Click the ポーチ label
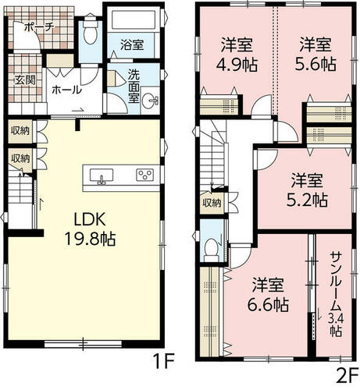(x=39, y=27)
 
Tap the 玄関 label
(x=25, y=80)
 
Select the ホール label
(x=66, y=90)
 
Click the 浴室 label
(x=132, y=44)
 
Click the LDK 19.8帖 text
(x=90, y=229)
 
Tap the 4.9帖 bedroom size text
(x=237, y=65)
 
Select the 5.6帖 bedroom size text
(x=315, y=64)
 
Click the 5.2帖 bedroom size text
(x=307, y=200)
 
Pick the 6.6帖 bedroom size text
(x=268, y=304)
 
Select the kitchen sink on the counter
(x=102, y=175)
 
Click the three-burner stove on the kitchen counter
(x=145, y=175)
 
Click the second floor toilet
(x=212, y=250)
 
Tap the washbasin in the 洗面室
(x=150, y=100)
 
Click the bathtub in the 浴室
(x=134, y=19)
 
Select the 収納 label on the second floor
(x=212, y=203)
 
